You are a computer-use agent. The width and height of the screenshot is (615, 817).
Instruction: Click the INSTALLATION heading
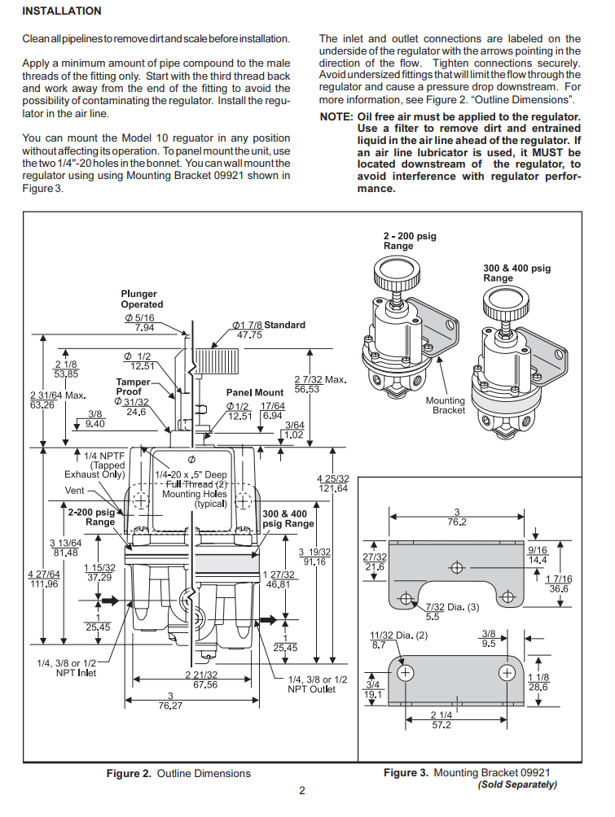tap(62, 11)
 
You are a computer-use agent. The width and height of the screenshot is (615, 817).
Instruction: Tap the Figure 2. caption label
tap(129, 773)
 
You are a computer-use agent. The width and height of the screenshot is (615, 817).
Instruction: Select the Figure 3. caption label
tap(406, 772)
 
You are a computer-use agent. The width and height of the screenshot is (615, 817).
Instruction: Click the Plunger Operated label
tap(142, 299)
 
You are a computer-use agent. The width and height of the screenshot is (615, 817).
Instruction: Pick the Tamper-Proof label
tap(134, 387)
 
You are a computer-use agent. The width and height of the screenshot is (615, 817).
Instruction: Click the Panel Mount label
tap(254, 393)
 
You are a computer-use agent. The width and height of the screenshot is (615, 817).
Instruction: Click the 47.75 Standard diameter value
tap(248, 334)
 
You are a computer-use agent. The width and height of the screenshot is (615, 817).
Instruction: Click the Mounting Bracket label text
tap(445, 405)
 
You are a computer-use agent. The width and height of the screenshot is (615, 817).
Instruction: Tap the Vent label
tap(75, 491)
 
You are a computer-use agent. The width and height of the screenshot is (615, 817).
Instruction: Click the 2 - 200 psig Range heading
tap(410, 241)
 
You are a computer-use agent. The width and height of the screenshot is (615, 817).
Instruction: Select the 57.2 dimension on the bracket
tap(441, 725)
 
